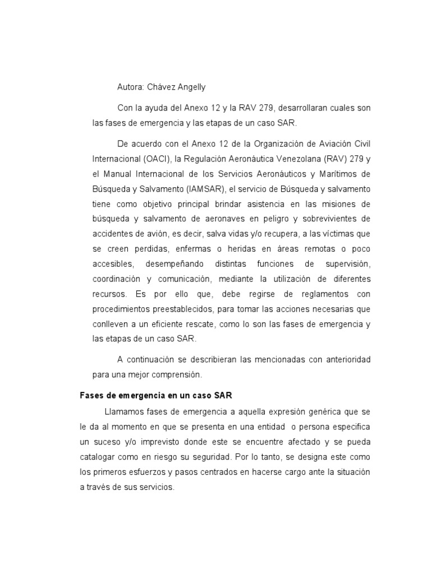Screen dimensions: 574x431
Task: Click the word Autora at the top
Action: [x=130, y=87]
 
